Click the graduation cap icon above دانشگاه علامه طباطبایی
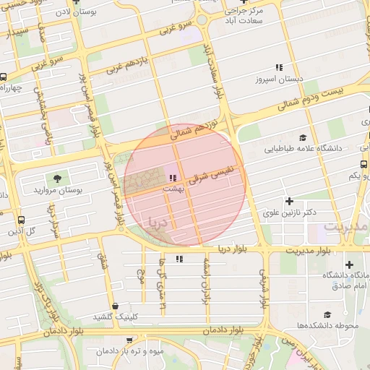(303, 137)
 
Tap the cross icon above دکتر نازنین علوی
(290, 201)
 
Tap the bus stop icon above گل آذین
(20, 220)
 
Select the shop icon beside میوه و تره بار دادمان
(100, 351)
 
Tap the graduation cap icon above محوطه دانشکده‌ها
(327, 314)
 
